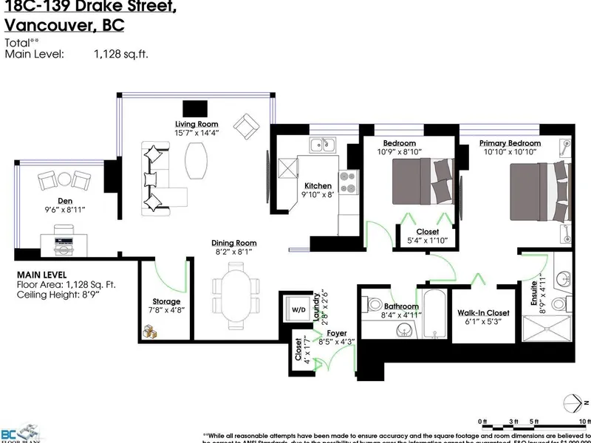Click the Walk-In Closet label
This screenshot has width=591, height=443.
[484, 312]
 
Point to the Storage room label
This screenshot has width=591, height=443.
[166, 301]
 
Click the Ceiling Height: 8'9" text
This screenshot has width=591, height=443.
[66, 295]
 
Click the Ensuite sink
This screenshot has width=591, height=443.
[562, 278]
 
